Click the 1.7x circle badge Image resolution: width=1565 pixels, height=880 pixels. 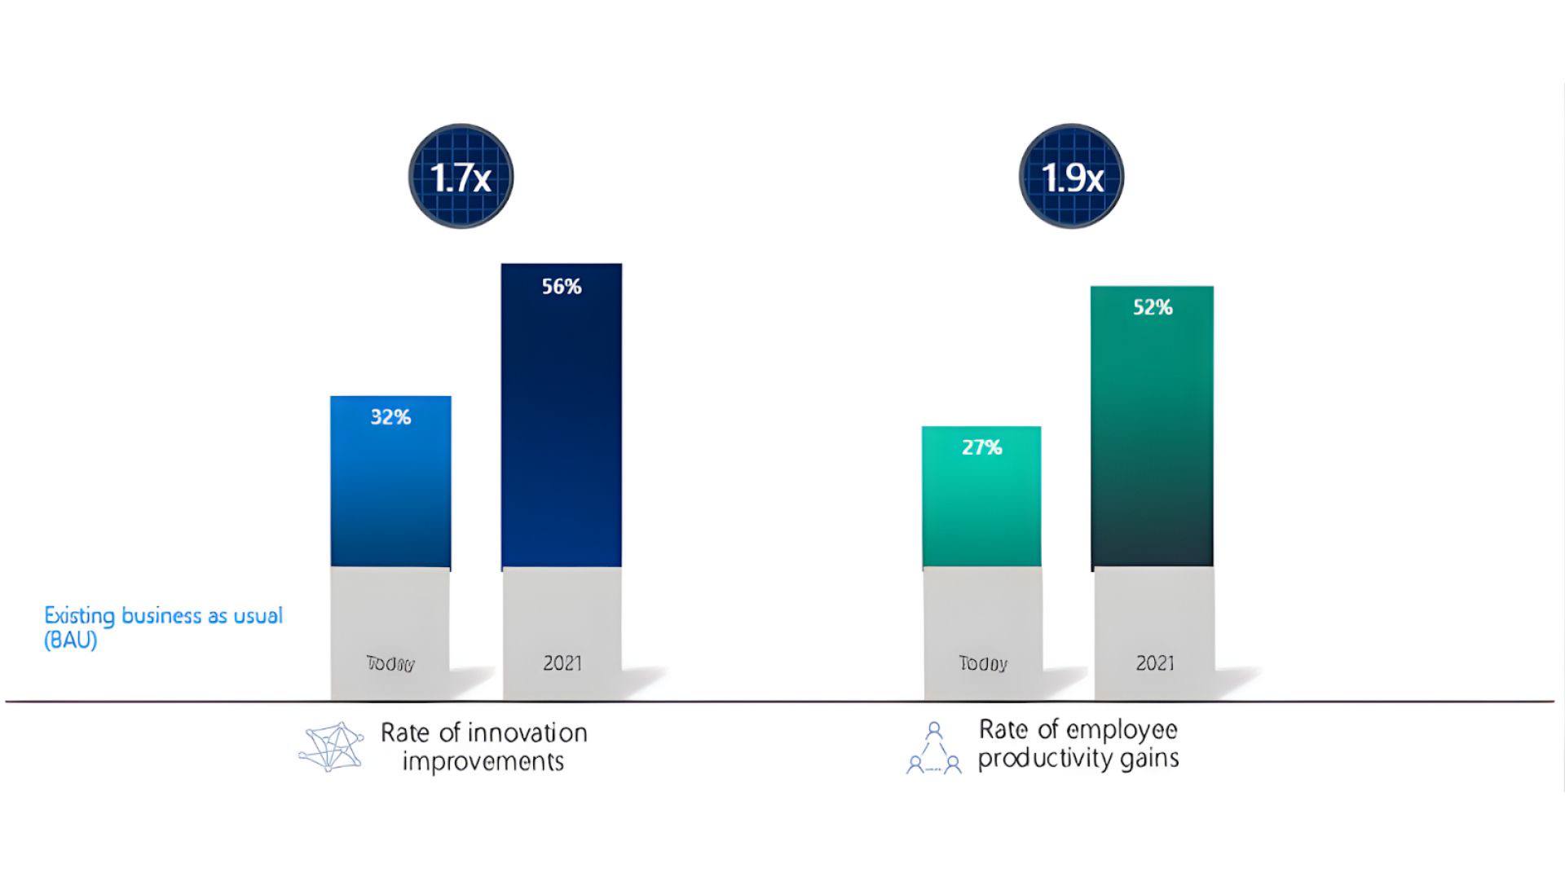point(461,176)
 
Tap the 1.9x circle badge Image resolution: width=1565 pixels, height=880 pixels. point(1071,176)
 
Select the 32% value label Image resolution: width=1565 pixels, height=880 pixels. point(390,417)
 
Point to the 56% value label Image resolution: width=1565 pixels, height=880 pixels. point(562,287)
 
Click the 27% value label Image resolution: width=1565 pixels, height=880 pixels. point(981,447)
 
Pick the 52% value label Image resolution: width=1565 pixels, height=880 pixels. point(1153,307)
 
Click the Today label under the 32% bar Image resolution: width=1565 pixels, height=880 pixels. point(390,664)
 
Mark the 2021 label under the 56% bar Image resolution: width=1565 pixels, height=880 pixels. point(562,663)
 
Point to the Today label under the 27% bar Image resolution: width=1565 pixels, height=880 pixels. point(983,664)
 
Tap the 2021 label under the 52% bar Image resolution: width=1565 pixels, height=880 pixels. point(1155,663)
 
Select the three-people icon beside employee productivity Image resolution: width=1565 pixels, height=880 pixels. point(934,748)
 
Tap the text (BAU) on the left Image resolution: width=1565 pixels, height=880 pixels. point(70,640)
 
